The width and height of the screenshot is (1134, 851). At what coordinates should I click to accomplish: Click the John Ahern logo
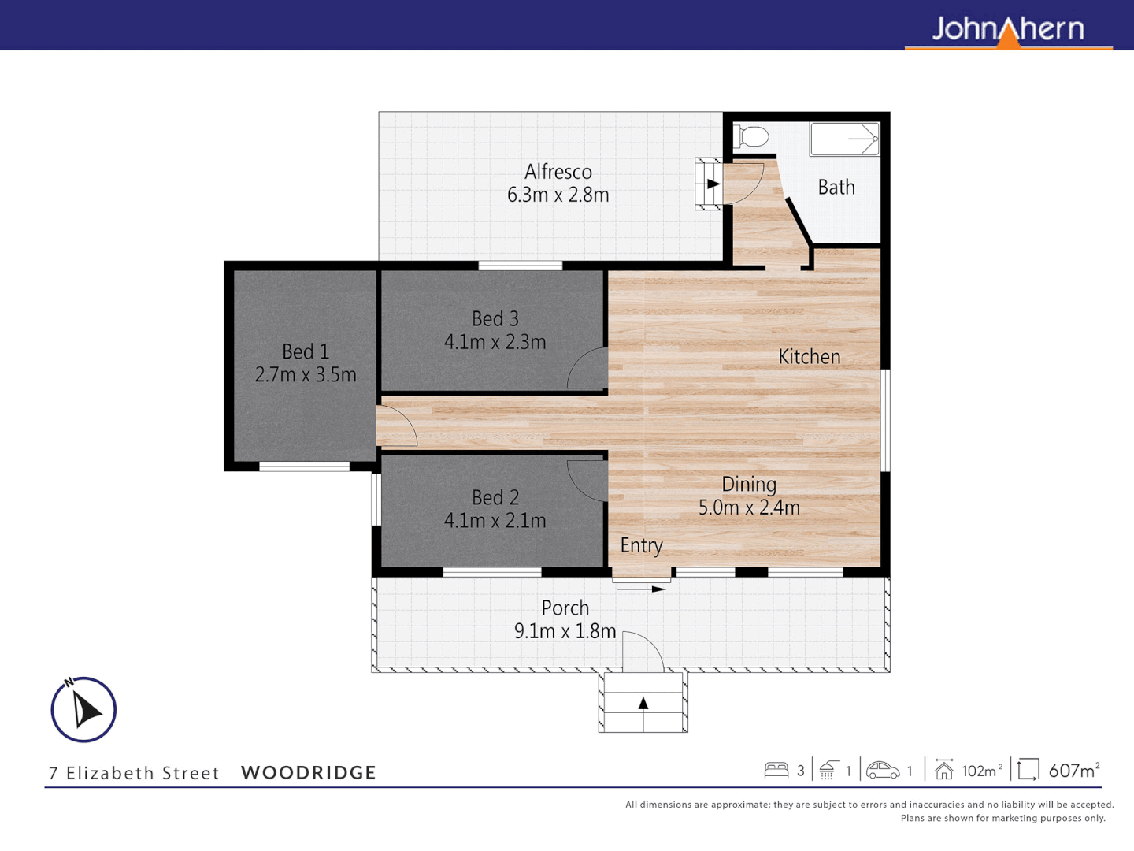point(1008,30)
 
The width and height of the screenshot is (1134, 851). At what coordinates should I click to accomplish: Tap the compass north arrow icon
point(83,709)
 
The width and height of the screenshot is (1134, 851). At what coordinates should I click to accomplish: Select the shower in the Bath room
point(845,139)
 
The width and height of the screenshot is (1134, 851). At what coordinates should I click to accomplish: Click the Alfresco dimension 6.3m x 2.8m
point(558,195)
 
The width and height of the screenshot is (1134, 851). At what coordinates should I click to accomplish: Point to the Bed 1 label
point(306,351)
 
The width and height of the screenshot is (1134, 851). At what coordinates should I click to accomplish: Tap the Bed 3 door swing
point(588,370)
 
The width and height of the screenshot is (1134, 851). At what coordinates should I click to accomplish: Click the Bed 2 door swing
point(588,479)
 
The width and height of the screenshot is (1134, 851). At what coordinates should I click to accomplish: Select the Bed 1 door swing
point(396,426)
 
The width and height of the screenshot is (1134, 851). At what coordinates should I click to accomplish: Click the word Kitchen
point(809,357)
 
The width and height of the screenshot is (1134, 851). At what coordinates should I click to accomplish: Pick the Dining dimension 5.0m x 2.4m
point(749,507)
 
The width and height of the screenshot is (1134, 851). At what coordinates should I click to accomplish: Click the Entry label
point(641,545)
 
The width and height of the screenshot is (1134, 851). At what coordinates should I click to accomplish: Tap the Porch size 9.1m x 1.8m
point(565,631)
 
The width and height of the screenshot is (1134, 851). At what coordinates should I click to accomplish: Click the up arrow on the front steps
point(643,703)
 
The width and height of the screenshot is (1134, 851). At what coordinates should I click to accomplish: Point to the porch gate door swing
point(642,652)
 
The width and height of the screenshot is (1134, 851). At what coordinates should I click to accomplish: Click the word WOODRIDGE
point(309,773)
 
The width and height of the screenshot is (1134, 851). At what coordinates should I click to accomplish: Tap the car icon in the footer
point(883,770)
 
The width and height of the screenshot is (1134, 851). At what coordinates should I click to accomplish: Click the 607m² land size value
point(1073,771)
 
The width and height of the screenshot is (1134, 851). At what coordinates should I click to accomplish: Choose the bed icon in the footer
point(776,770)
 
